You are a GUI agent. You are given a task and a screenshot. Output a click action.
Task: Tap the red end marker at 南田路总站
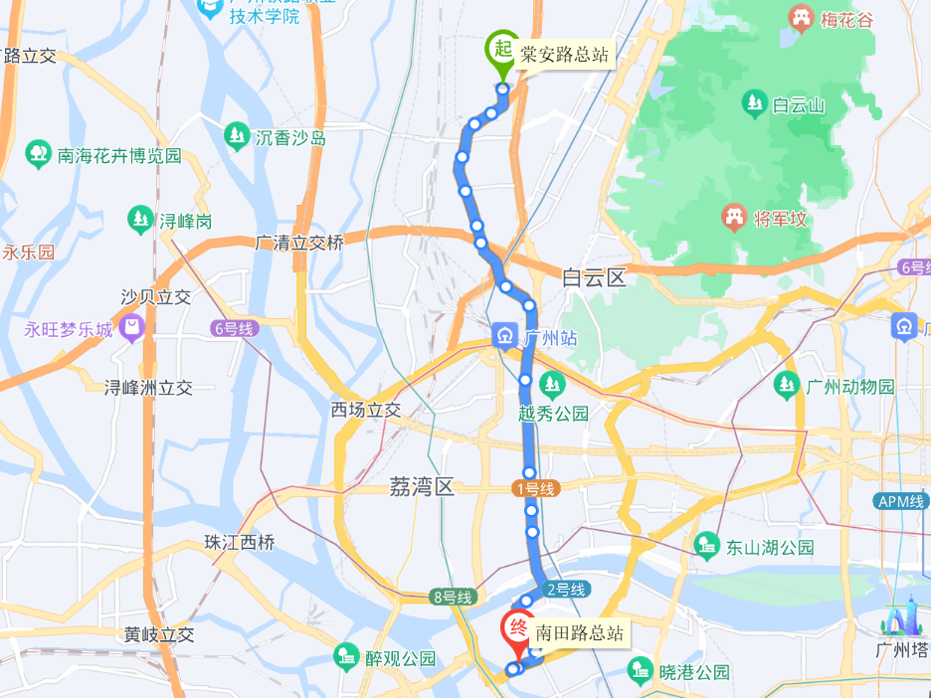(x=518, y=629)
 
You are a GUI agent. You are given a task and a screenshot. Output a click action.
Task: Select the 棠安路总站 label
(x=564, y=55)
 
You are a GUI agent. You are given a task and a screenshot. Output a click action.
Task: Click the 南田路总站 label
(x=581, y=633)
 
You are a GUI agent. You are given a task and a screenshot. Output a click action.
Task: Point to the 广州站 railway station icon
(x=505, y=336)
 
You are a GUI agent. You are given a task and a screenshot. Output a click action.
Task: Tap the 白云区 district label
(x=594, y=277)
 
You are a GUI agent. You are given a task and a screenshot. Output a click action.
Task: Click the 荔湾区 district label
(x=421, y=487)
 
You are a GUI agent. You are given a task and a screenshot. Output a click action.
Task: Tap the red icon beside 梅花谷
(x=799, y=17)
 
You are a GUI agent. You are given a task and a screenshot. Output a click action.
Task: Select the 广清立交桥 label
(x=299, y=242)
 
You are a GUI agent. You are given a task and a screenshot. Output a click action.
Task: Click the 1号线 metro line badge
(x=537, y=489)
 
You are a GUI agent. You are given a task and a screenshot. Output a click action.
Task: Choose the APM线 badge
(x=902, y=501)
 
